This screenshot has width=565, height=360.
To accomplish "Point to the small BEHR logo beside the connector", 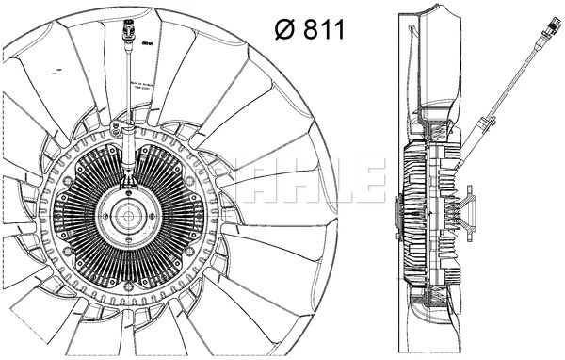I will click(x=147, y=41).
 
